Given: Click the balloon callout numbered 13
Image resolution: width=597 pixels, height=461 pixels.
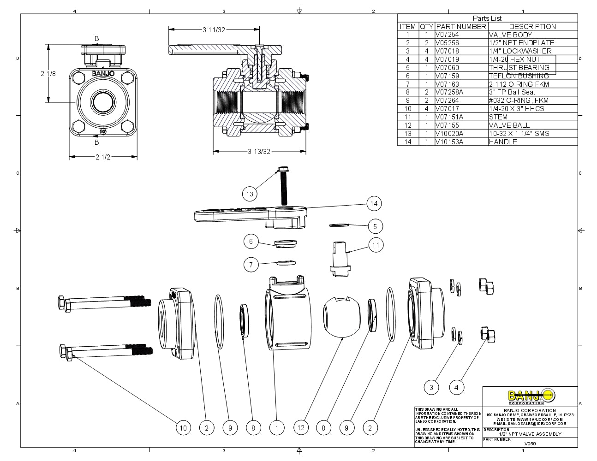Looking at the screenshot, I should point(250,194).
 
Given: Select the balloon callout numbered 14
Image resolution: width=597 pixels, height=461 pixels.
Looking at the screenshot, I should point(374,203).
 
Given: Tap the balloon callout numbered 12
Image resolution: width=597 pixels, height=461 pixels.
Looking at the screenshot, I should point(301,427).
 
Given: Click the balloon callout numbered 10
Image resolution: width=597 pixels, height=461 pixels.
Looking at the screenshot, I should point(183,428).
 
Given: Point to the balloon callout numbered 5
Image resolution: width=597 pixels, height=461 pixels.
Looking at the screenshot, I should point(375,226).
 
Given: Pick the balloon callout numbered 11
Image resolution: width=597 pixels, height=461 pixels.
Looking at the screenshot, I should point(376,245).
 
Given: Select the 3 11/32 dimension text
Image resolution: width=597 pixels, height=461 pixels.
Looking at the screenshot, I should point(214,30).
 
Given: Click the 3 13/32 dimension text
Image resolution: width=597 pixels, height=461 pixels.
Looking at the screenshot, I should point(259,151).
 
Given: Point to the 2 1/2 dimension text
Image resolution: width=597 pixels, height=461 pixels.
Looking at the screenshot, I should point(103,157).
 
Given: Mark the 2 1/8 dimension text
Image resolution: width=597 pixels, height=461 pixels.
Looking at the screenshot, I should point(48,73).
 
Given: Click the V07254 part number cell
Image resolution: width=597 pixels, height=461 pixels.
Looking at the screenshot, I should point(447,35).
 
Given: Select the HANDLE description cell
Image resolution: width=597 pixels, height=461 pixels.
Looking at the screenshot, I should point(503,142).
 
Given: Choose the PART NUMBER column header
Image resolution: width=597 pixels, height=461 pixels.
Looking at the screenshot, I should point(461,26).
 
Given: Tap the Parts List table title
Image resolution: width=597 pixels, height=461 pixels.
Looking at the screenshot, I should point(487,18).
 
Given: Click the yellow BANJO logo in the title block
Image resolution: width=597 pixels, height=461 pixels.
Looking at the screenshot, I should point(531,396).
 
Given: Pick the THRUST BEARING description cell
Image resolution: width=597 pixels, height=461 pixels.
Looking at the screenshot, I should point(519,67).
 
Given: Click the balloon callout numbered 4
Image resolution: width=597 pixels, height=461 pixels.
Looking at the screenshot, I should point(456,387).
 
